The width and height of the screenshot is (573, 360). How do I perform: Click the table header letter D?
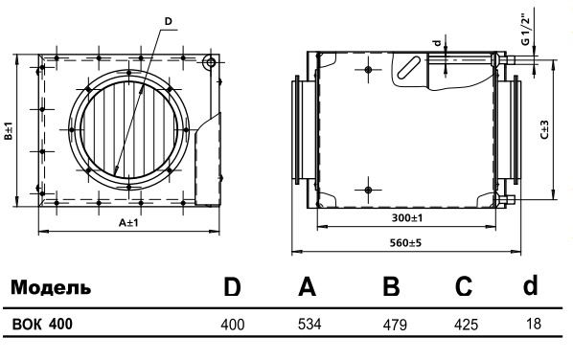tap(232, 287)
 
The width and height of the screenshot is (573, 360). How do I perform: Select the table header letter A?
tap(307, 286)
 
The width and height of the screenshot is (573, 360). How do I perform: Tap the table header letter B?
tap(391, 286)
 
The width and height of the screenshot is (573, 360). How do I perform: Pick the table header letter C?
tap(464, 286)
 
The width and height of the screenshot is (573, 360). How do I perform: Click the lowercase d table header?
tap(530, 285)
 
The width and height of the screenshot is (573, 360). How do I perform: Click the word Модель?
tap(51, 287)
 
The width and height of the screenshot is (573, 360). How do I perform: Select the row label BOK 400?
tap(42, 324)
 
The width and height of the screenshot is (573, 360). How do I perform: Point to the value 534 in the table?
tap(309, 324)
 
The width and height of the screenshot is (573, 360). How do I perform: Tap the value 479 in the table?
tap(395, 325)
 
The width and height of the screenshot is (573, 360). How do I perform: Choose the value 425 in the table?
tap(466, 325)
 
